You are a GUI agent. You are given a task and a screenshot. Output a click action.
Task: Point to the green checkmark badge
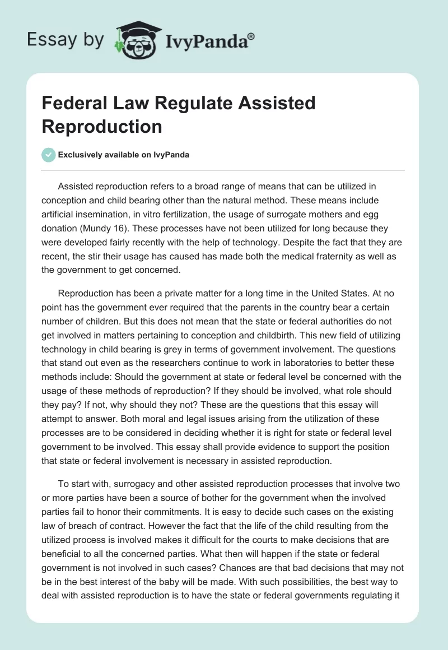click(x=49, y=155)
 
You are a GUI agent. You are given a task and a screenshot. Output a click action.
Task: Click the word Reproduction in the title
click(x=101, y=126)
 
